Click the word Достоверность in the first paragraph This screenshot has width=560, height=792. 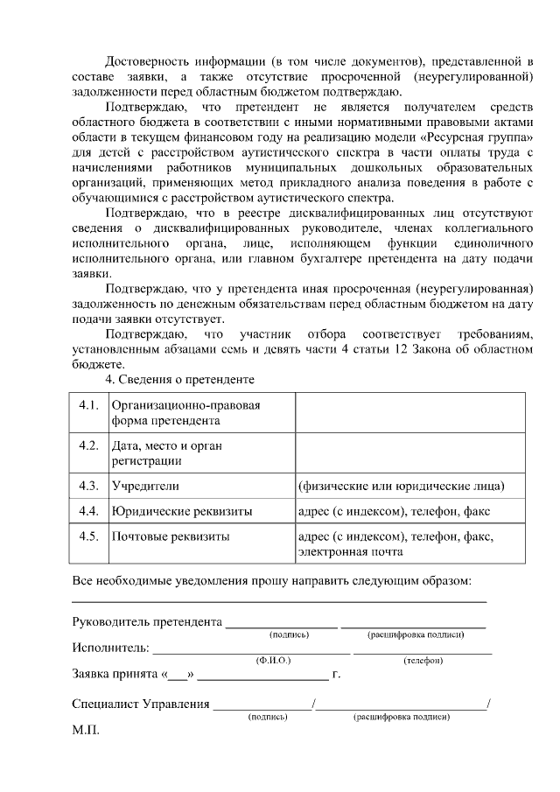click(145, 60)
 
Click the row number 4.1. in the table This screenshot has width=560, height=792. click(88, 405)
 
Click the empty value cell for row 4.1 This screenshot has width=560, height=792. click(409, 412)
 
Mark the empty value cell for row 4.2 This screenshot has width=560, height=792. click(409, 452)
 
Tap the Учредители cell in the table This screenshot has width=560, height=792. click(145, 485)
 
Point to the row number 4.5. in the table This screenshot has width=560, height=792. click(88, 536)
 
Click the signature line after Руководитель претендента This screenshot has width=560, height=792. click(281, 625)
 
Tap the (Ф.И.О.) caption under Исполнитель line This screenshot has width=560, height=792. click(273, 661)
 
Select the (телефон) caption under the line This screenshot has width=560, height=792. click(422, 661)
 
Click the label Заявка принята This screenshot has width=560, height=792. click(112, 675)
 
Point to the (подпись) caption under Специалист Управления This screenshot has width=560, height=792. click(268, 716)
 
